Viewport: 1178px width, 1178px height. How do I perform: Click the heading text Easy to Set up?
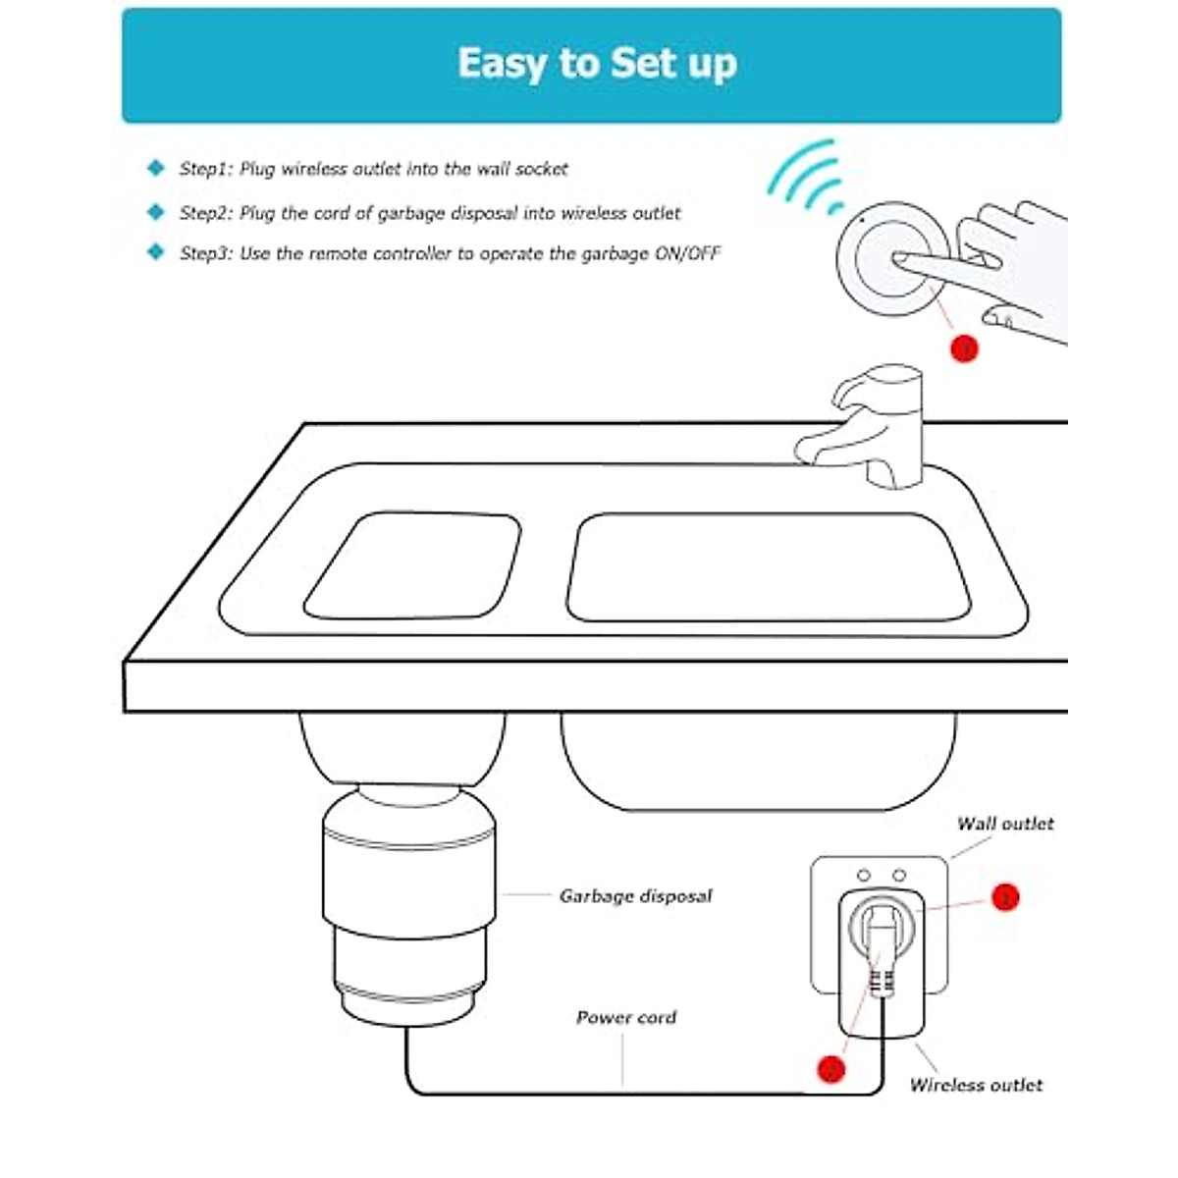tap(597, 64)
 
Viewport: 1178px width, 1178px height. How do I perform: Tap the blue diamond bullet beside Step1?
tap(155, 168)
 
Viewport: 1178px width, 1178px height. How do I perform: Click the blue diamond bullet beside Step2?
tap(155, 212)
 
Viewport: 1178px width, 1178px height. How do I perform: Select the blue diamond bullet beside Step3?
tap(155, 252)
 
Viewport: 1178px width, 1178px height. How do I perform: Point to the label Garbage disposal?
tap(635, 895)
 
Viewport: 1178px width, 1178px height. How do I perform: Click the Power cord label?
tap(625, 1017)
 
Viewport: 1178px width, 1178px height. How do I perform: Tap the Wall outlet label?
tap(1004, 824)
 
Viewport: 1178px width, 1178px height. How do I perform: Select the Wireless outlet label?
tap(976, 1085)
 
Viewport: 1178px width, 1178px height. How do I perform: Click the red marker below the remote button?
tap(964, 348)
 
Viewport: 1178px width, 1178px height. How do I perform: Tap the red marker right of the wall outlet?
tap(1004, 896)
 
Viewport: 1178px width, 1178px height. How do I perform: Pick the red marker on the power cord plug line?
tap(830, 1068)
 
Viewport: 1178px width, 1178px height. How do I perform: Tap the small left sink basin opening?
tap(413, 565)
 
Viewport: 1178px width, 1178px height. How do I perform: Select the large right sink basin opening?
tap(768, 567)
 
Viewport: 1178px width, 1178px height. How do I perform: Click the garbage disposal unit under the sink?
tap(408, 903)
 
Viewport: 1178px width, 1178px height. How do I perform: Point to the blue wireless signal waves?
tap(807, 177)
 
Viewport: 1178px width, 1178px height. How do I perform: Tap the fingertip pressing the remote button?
tap(899, 260)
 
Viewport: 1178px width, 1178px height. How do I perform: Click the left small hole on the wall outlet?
tap(864, 875)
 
